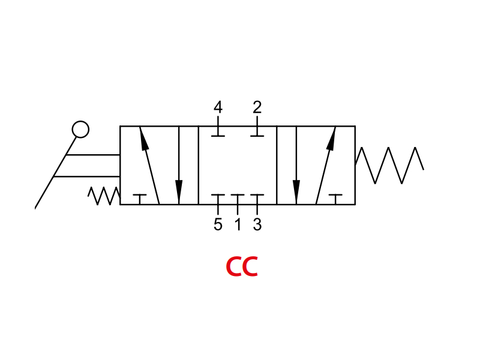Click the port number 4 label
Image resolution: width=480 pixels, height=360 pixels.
[218, 107]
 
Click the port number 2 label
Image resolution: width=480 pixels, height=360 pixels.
[257, 107]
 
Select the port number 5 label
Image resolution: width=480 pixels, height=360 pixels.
[218, 224]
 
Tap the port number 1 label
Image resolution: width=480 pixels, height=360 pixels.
[238, 224]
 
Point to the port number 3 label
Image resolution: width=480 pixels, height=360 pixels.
[257, 224]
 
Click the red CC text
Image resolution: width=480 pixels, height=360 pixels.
[242, 266]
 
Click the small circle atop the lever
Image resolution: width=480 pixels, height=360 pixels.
[80, 129]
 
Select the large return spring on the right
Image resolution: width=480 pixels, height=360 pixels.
[389, 166]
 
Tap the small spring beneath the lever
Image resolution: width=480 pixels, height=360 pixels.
[104, 196]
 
